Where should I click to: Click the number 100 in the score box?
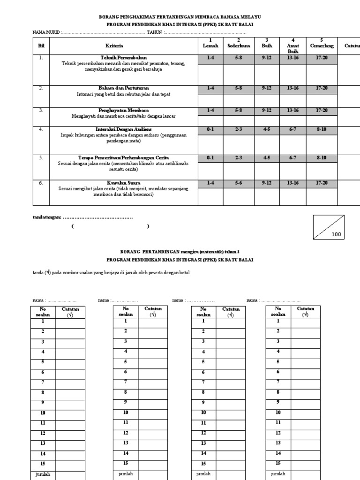[336, 235]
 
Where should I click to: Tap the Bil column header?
[40, 46]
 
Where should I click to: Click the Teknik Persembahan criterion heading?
[124, 57]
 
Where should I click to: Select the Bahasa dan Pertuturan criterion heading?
[124, 88]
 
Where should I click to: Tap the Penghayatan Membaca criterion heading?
[124, 110]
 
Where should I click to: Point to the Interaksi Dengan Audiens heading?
[124, 128]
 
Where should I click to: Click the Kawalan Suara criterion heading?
[124, 182]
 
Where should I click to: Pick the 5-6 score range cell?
[239, 183]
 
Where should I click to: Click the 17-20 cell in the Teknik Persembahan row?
[322, 58]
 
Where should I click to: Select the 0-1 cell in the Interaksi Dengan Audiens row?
[210, 129]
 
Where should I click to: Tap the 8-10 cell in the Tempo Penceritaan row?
[322, 158]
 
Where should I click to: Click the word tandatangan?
[46, 217]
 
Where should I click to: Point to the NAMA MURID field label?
[46, 32]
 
